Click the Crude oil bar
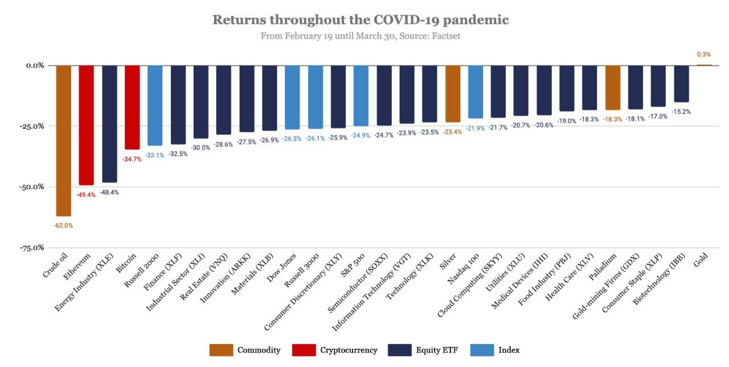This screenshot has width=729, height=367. click(63, 140)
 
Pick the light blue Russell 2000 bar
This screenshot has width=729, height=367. click(155, 105)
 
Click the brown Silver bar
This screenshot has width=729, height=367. click(453, 93)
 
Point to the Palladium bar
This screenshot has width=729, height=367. click(613, 87)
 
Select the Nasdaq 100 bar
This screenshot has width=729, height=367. click(476, 91)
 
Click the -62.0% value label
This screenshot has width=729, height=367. click(63, 225)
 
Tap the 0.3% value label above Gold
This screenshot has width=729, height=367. click(703, 55)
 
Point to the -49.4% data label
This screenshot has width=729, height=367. click(86, 194)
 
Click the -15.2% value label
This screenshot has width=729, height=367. click(682, 112)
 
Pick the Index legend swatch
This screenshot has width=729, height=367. click(484, 350)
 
